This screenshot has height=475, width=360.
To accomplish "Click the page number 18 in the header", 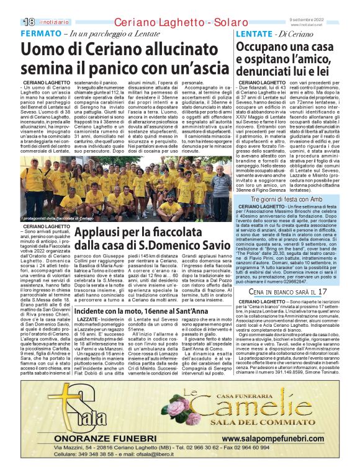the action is tap(29, 21).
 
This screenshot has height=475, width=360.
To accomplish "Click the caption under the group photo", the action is tap(57, 218).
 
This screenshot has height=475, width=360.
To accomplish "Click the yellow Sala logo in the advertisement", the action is tap(59, 408).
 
